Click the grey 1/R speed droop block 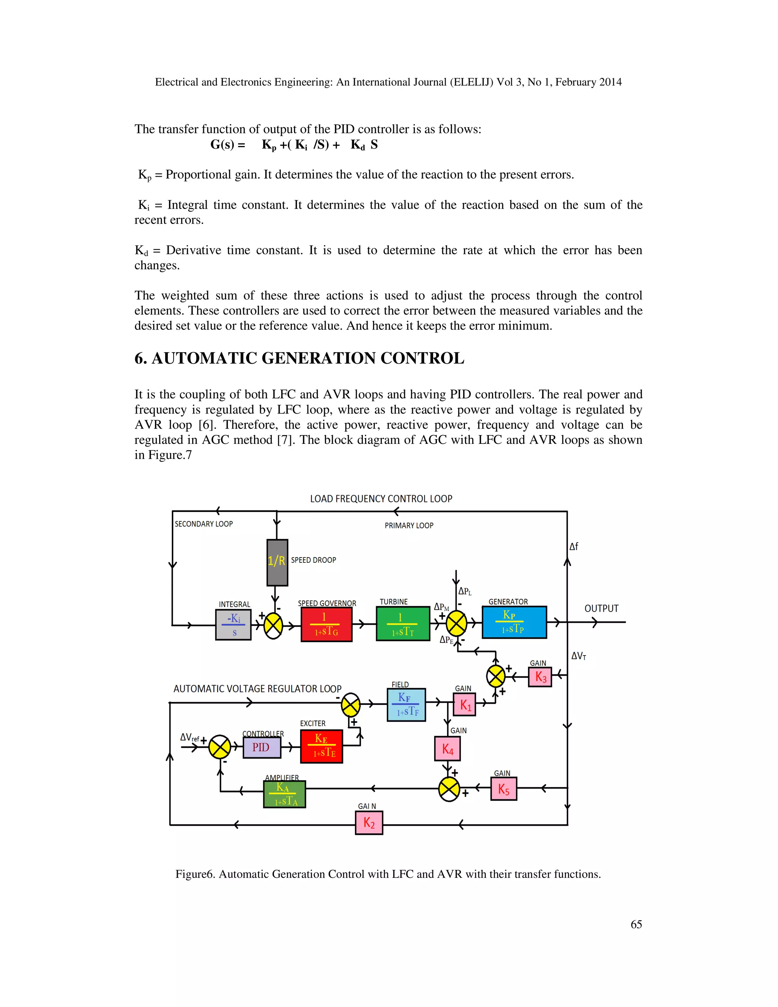tap(277, 562)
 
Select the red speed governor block tap(326, 624)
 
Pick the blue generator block tap(514, 622)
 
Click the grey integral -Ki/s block tap(233, 625)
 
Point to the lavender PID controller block tap(261, 747)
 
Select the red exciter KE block tap(321, 746)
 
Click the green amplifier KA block tap(285, 793)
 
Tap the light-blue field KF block tap(406, 705)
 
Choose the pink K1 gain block tap(464, 705)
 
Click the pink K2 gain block tap(369, 823)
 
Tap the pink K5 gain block tap(503, 789)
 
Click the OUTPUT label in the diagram tap(601, 609)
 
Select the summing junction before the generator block tap(456, 624)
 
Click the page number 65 tap(636, 925)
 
